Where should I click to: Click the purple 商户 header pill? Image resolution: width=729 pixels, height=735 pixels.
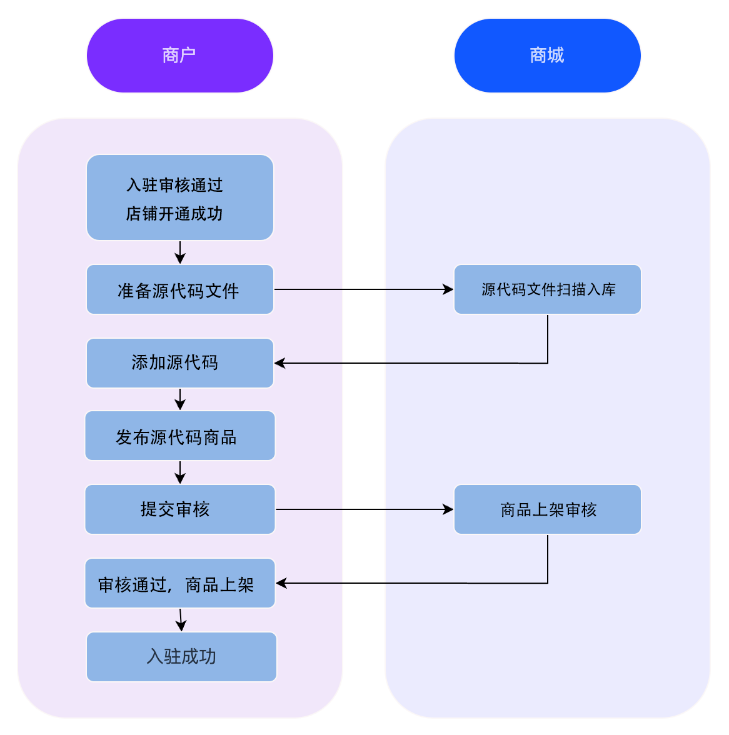(x=179, y=56)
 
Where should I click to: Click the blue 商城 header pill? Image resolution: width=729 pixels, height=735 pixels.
(x=547, y=56)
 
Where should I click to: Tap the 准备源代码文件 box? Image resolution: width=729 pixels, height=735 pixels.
(x=179, y=290)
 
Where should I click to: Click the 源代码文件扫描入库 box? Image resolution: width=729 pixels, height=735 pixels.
(x=547, y=289)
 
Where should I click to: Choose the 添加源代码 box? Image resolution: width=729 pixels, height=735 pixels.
(x=179, y=363)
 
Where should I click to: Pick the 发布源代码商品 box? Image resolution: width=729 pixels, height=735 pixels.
(x=179, y=436)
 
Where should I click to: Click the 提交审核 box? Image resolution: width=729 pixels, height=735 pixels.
(x=179, y=509)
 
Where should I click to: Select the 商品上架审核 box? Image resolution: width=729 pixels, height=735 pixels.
(x=547, y=509)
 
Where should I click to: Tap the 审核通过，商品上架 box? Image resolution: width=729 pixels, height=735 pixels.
(x=179, y=584)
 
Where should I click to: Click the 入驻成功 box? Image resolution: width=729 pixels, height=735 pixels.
(x=181, y=657)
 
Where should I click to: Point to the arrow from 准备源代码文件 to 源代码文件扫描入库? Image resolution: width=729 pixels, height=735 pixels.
(x=363, y=289)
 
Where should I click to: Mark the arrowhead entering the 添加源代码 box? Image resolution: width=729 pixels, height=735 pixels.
(x=279, y=363)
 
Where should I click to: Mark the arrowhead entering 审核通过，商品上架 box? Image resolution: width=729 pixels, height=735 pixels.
(x=281, y=583)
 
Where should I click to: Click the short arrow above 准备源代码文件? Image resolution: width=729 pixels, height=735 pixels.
(x=180, y=252)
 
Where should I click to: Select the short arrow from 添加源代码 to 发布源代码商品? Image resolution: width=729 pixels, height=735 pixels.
(x=180, y=399)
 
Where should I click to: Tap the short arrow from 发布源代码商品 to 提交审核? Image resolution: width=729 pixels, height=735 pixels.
(x=180, y=472)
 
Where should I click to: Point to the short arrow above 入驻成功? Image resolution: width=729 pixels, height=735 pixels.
(x=181, y=620)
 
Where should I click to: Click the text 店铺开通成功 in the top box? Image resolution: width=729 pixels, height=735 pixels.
(x=174, y=214)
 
